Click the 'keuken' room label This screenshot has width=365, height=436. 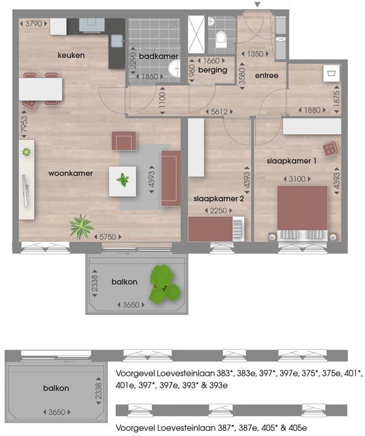(x=71, y=55)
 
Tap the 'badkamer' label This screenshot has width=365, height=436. (x=158, y=56)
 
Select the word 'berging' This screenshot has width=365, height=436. (x=213, y=70)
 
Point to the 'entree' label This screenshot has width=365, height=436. (x=266, y=75)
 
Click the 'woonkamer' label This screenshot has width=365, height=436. (x=70, y=173)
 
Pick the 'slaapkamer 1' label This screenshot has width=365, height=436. (x=291, y=161)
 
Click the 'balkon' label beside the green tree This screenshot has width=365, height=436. (x=124, y=282)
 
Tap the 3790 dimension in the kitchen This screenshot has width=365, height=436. (x=33, y=24)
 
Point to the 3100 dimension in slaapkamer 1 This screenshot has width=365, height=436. (x=297, y=179)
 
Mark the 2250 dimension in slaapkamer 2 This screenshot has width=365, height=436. (x=219, y=210)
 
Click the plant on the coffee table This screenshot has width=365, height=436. (x=123, y=181)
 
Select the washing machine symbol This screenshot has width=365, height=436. (x=330, y=73)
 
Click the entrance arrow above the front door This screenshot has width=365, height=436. (x=258, y=5)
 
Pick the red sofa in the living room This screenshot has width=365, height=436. (x=170, y=178)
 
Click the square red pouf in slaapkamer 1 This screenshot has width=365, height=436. (x=329, y=149)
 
